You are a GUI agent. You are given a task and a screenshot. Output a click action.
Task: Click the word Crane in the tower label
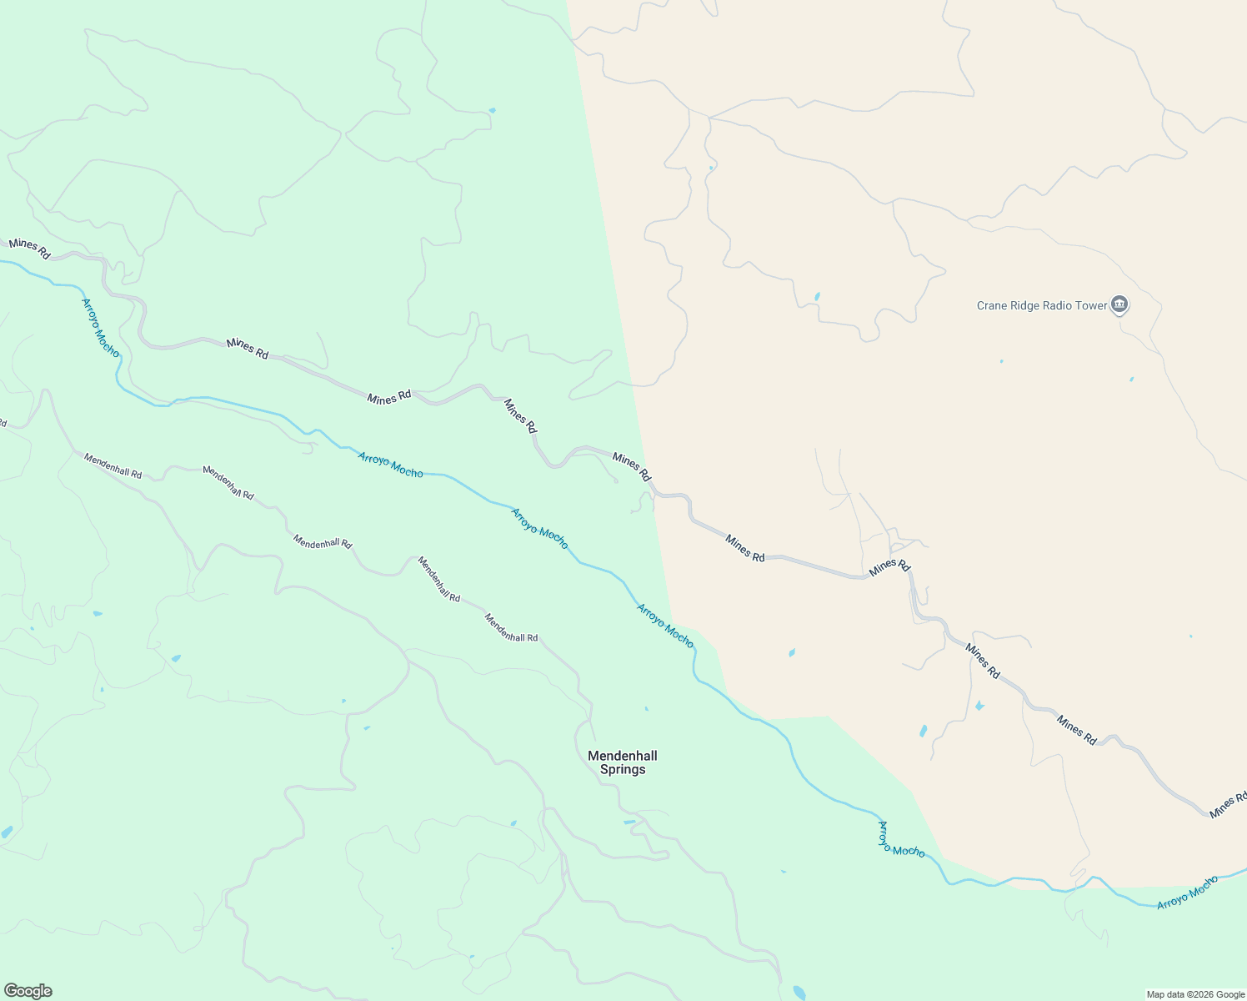tap(993, 306)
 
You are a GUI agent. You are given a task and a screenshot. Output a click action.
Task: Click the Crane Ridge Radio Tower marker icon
tap(1119, 305)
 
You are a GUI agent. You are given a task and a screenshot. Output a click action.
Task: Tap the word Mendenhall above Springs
tap(622, 756)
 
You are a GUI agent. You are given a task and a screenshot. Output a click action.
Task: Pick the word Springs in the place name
tap(622, 770)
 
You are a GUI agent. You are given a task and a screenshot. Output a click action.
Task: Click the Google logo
tap(28, 991)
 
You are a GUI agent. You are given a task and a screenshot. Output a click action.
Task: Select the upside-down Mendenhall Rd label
tap(228, 482)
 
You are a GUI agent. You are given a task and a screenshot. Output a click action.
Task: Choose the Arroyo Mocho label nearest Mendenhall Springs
tap(664, 625)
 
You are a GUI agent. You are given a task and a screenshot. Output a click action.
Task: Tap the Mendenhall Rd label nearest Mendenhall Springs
tap(511, 627)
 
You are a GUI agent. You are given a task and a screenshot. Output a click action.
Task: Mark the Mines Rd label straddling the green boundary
tap(631, 466)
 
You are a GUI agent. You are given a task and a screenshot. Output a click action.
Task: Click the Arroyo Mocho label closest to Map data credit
tap(1187, 892)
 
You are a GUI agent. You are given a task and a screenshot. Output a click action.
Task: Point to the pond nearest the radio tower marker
tap(1131, 380)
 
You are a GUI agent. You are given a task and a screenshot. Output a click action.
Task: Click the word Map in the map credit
tap(1155, 994)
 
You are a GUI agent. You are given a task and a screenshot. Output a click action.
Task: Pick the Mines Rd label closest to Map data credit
tap(1228, 804)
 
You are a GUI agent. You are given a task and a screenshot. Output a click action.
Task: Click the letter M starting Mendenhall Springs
tap(593, 756)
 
